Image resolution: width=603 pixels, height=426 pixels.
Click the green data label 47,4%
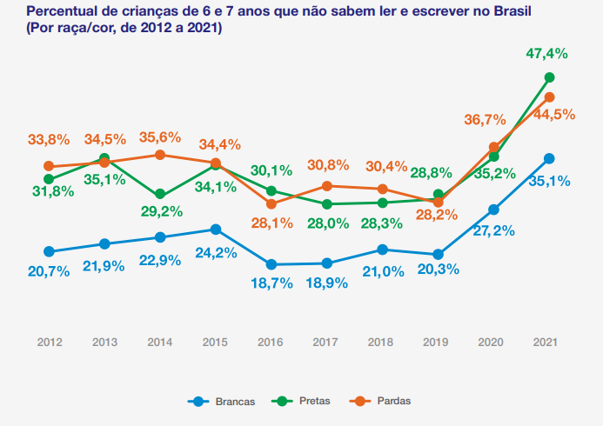click(546, 54)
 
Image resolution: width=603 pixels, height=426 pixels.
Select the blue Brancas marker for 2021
click(549, 158)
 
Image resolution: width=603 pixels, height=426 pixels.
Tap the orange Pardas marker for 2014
click(160, 155)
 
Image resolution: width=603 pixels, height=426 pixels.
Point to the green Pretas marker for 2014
click(160, 195)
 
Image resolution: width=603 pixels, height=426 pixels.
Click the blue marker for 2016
click(271, 264)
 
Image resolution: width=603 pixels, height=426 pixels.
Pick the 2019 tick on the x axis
click(437, 343)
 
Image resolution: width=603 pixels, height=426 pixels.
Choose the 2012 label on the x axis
click(50, 343)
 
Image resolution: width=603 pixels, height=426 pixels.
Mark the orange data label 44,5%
click(554, 114)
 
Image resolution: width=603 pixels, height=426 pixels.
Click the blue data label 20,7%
click(49, 271)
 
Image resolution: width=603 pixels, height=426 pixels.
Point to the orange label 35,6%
click(159, 136)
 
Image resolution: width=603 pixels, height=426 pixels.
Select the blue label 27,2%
click(492, 230)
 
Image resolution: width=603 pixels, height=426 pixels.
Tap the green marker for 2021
click(549, 77)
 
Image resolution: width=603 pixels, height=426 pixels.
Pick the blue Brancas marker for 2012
click(49, 251)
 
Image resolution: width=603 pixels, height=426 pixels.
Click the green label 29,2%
click(160, 211)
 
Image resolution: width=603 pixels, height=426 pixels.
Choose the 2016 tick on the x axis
click(271, 343)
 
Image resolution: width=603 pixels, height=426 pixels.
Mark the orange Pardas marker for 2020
click(494, 148)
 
